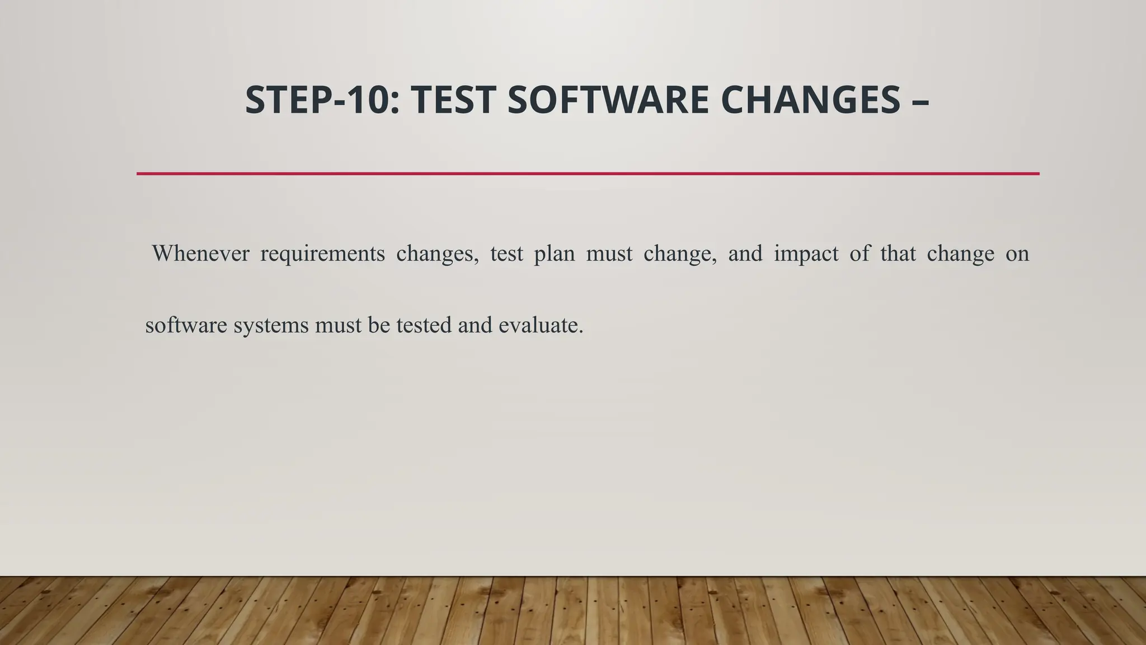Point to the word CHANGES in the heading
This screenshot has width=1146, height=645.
810,100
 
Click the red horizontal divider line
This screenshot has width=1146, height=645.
588,174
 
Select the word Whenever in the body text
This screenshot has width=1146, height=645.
200,254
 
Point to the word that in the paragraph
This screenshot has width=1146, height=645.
898,254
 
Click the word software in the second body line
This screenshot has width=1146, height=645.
186,325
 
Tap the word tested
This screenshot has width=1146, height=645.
424,325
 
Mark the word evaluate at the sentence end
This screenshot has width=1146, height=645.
540,325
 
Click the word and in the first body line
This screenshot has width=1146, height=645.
745,254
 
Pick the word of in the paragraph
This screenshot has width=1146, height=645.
859,254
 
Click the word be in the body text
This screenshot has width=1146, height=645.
379,325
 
